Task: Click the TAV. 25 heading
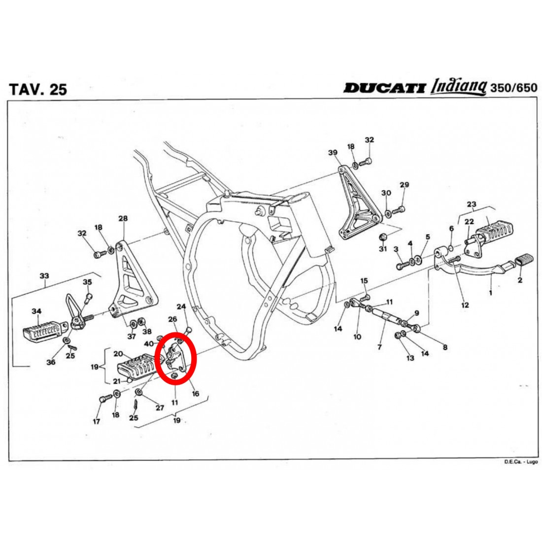38,89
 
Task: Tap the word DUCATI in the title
384,88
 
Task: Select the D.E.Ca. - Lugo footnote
521,462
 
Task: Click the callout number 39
333,152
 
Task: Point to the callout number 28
123,218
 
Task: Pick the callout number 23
472,204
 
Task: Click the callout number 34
36,311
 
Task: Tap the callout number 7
379,347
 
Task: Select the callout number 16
195,394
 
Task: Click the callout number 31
383,249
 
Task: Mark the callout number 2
519,280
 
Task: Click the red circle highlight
176,357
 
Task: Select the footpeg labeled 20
134,370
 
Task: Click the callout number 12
465,305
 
